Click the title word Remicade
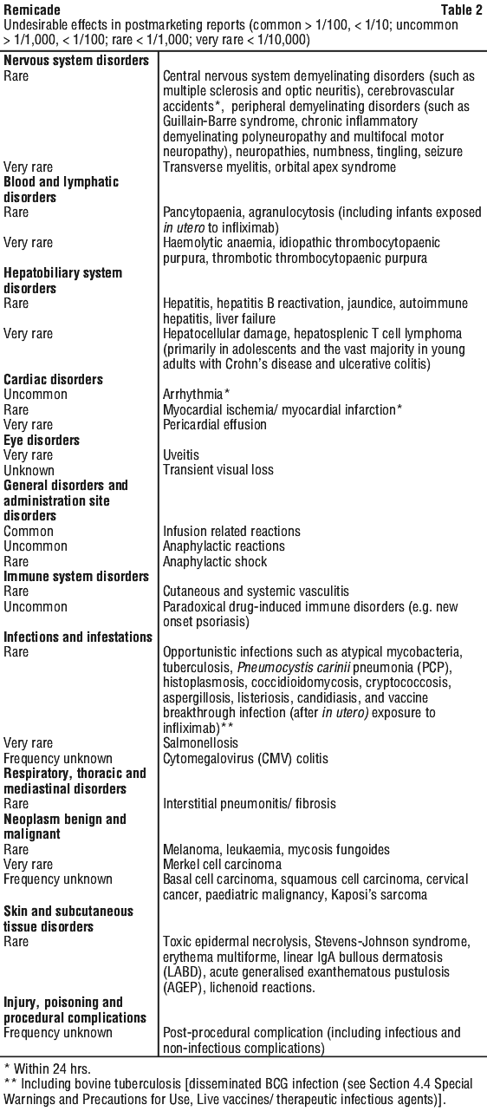pyautogui.click(x=32, y=10)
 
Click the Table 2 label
pyautogui.click(x=462, y=10)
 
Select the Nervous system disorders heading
pyautogui.click(x=76, y=61)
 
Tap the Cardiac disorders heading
pyautogui.click(x=54, y=379)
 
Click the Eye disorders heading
pyautogui.click(x=42, y=440)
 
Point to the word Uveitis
pyautogui.click(x=181, y=454)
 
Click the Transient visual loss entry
pyautogui.click(x=218, y=470)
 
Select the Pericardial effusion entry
pyautogui.click(x=215, y=425)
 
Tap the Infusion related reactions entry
pyautogui.click(x=232, y=531)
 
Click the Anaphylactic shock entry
pyautogui.click(x=215, y=561)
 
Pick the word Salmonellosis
pyautogui.click(x=201, y=743)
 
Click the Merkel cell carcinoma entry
pyautogui.click(x=222, y=865)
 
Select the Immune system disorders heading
pyautogui.click(x=76, y=577)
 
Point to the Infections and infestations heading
pyautogui.click(x=78, y=637)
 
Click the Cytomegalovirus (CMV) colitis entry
pyautogui.click(x=246, y=758)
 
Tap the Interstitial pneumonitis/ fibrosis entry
pyautogui.click(x=250, y=804)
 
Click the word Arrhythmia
pyautogui.click(x=193, y=395)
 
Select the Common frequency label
pyautogui.click(x=29, y=531)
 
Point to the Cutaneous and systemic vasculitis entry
pyautogui.click(x=256, y=591)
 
